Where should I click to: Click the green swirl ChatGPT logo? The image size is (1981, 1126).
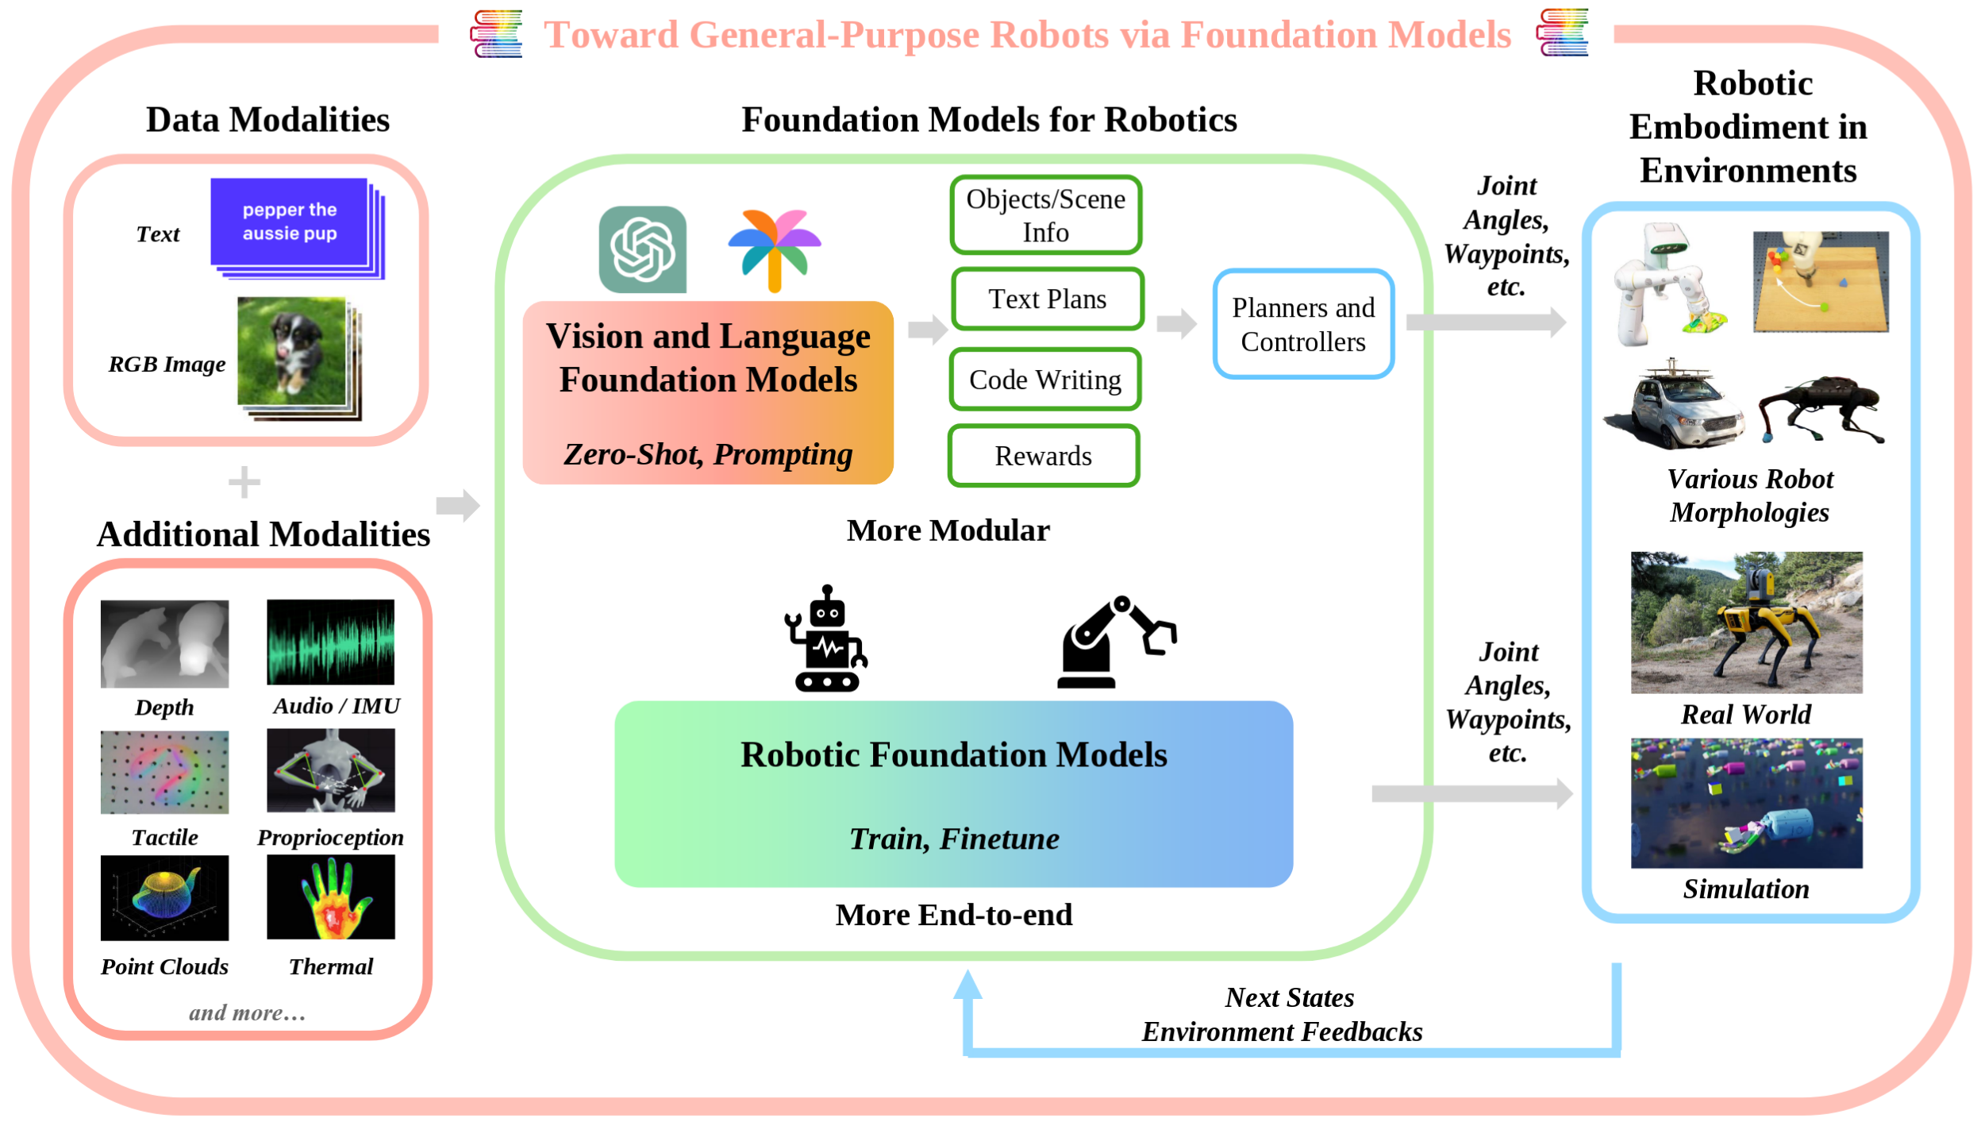(x=642, y=249)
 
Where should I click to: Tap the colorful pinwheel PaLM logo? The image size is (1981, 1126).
(x=775, y=249)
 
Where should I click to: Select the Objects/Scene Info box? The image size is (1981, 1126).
(x=1045, y=215)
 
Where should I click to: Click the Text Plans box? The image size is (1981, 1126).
(x=1047, y=299)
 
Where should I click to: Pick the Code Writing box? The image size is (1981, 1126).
(x=1044, y=380)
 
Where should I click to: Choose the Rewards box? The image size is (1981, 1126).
(x=1043, y=456)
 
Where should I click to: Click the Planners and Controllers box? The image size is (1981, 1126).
(x=1302, y=324)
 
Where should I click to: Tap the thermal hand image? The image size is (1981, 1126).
(x=330, y=898)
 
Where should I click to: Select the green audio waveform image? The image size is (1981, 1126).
(x=330, y=642)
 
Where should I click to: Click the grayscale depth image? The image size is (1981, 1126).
(x=164, y=643)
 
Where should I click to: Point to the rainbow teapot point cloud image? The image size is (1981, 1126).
(x=164, y=898)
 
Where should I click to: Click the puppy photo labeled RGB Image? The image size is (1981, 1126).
(x=292, y=351)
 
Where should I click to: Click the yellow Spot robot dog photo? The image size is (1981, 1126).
(x=1746, y=623)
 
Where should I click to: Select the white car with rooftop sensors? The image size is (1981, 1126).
(x=1673, y=407)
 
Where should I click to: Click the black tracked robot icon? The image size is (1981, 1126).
(x=825, y=640)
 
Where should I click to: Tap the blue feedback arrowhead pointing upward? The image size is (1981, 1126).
(x=967, y=985)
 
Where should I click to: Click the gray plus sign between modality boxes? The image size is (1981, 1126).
(x=244, y=482)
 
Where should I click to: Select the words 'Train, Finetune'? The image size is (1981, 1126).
(x=954, y=839)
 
